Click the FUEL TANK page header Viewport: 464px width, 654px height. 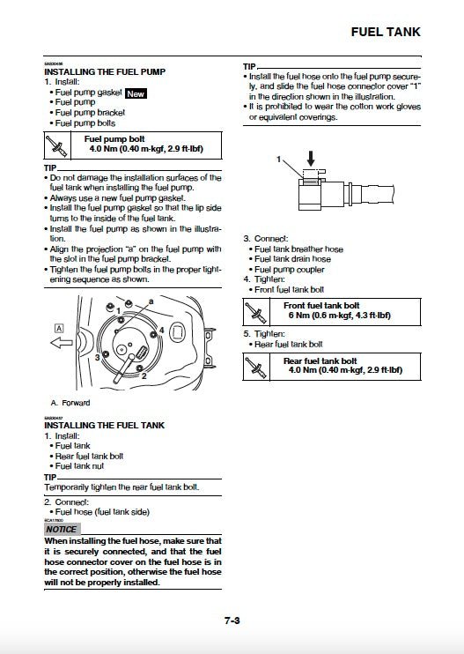386,32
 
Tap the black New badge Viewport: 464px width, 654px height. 136,92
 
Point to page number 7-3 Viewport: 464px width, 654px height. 232,621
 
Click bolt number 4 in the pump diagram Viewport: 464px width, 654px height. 161,330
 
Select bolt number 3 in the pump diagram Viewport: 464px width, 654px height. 96,358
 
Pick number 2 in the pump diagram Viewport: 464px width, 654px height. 143,376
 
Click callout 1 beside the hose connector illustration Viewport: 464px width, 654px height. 279,160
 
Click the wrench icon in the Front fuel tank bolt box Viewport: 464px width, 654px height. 255,310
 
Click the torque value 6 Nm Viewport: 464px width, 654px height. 305,315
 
